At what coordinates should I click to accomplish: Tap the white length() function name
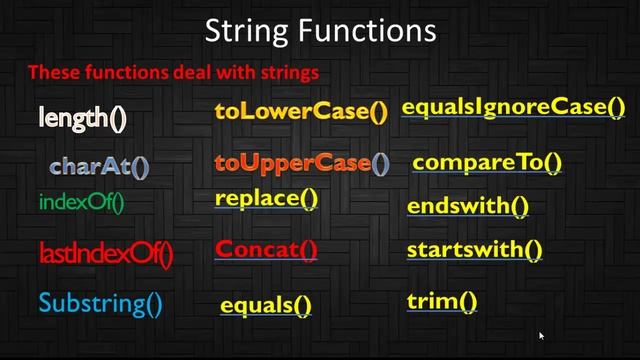83,118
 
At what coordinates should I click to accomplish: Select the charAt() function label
99,165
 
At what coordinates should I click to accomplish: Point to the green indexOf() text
81,202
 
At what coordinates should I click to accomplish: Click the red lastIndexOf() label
105,254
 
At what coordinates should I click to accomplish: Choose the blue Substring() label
100,301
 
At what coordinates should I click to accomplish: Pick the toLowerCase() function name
300,111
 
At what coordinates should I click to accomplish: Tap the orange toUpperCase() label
301,162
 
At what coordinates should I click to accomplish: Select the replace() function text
266,197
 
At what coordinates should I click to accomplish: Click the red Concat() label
266,249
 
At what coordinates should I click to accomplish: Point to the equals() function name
265,305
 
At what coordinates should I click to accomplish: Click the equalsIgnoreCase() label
513,107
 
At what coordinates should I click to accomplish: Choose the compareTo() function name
487,162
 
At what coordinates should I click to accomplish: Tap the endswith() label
467,207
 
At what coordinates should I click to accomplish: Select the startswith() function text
474,250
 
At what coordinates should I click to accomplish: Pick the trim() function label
442,300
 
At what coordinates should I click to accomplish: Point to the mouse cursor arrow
541,336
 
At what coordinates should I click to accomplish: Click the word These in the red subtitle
50,72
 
